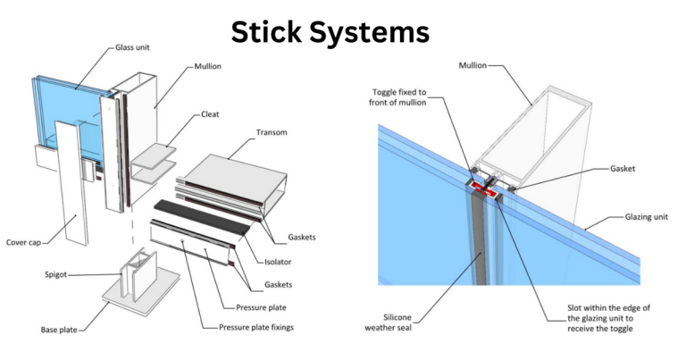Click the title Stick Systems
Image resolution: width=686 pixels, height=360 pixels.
point(330,33)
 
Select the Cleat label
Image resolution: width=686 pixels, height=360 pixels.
point(211,114)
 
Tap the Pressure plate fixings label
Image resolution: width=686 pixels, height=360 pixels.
point(256,327)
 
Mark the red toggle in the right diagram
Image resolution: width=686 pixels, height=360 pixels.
point(486,188)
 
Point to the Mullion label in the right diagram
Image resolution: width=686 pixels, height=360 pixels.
point(478,65)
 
